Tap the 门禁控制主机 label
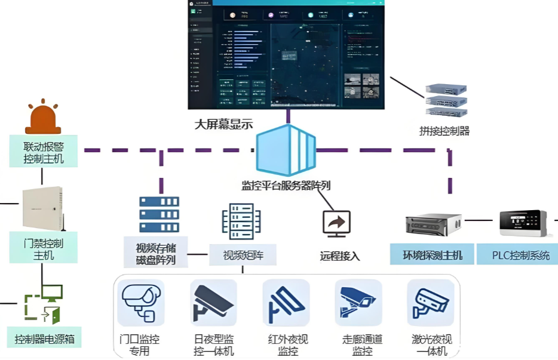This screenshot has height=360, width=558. [44, 249]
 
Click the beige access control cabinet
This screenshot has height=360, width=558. [42, 209]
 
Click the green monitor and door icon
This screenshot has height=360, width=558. [43, 304]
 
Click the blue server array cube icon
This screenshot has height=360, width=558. [286, 150]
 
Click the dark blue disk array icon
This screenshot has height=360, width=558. [159, 214]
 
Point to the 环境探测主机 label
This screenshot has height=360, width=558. [432, 255]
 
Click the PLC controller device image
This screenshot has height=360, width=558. [523, 223]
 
